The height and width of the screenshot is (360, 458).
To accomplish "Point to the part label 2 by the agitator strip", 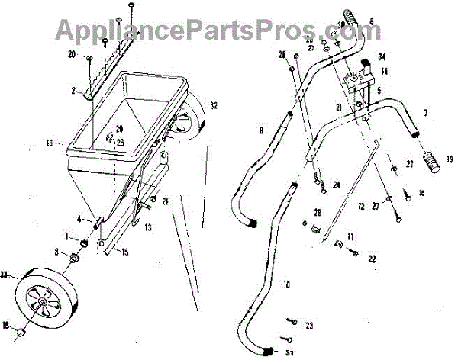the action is (x=74, y=90).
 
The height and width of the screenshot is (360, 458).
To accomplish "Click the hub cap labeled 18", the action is (x=22, y=333).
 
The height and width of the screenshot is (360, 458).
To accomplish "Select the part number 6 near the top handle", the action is (x=372, y=21).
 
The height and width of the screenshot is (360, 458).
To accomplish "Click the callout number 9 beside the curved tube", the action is (x=260, y=131).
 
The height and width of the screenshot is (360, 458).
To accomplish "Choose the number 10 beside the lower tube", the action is (x=285, y=285).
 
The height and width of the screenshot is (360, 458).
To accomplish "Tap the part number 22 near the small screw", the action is (x=373, y=259).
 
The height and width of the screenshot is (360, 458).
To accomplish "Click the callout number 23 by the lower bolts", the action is (x=309, y=326).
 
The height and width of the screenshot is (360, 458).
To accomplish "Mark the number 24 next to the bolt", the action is (x=335, y=185).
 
